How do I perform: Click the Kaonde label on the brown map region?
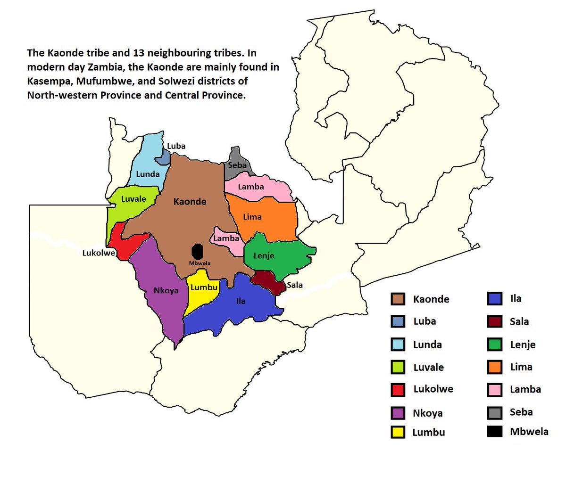pyautogui.click(x=190, y=202)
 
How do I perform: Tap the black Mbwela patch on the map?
pyautogui.click(x=198, y=251)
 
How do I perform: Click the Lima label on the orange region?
pyautogui.click(x=252, y=217)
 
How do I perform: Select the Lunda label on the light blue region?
pyautogui.click(x=148, y=174)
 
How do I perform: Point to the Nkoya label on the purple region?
pyautogui.click(x=166, y=291)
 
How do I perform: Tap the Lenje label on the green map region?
pyautogui.click(x=264, y=256)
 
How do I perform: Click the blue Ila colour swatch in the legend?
pyautogui.click(x=494, y=299)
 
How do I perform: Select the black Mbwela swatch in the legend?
pyautogui.click(x=494, y=431)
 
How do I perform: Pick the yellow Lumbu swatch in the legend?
pyautogui.click(x=398, y=432)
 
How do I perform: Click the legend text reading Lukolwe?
pyautogui.click(x=433, y=389)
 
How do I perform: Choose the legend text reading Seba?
pyautogui.click(x=521, y=412)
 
